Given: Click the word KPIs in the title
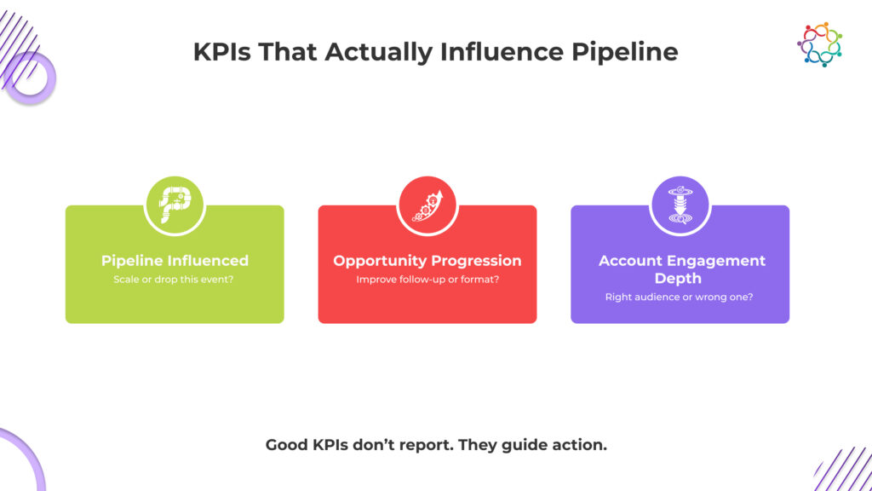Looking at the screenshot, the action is pos(221,52).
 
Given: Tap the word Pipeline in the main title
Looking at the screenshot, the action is pos(625,53).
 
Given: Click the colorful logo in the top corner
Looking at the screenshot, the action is pos(819,44).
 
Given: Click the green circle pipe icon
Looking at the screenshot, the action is pos(175,205).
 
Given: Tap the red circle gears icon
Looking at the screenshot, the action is pos(427,205).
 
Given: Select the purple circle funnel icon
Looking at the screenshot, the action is pos(680,205).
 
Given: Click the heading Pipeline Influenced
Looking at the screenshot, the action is pos(175,261).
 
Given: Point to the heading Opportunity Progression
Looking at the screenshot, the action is pos(427,261).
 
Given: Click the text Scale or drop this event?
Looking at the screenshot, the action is pos(174,279).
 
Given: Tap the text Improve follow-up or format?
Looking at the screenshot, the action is pos(427,279).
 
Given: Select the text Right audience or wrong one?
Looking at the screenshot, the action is pos(679,297).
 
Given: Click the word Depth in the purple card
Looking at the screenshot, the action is pos(678,279).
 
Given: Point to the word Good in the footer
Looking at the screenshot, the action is pos(286,445).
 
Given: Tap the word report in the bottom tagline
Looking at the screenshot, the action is pos(421,446).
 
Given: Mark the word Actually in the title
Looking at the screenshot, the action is pos(377,53).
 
